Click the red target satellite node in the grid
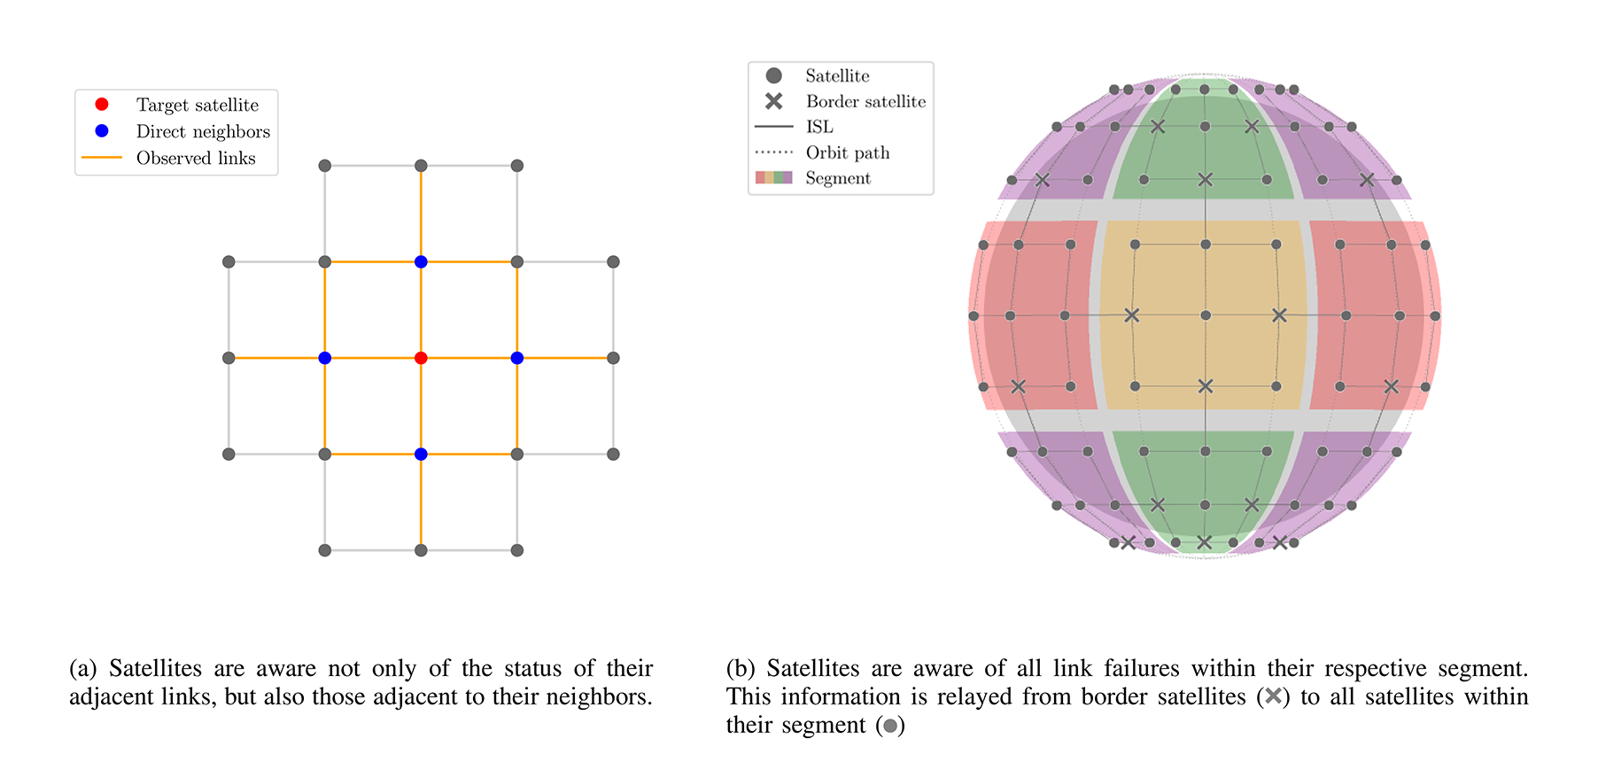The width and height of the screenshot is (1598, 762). point(421,358)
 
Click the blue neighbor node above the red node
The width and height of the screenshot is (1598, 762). point(421,261)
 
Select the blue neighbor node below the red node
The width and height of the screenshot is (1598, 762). point(421,455)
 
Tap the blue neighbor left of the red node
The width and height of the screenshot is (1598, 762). point(325,358)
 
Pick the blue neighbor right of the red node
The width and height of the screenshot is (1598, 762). point(517,358)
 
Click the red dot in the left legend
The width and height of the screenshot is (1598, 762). point(102,105)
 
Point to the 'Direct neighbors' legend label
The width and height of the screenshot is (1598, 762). point(203,131)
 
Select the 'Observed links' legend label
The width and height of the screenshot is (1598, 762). point(196,158)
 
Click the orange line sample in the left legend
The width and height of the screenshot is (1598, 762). point(102,158)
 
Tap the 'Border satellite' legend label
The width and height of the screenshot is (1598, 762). point(865,101)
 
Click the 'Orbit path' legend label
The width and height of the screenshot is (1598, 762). point(848,152)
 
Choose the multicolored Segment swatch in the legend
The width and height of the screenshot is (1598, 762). point(773,178)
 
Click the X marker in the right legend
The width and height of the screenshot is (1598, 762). point(774,101)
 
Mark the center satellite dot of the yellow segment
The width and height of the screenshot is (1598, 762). point(1206,315)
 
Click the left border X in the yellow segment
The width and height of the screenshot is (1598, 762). point(1131,315)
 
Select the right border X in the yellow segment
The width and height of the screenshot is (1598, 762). point(1279,315)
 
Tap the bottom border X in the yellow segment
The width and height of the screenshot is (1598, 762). point(1206,386)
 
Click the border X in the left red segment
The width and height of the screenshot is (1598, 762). point(1019,386)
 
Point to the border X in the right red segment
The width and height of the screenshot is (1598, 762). point(1392,386)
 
